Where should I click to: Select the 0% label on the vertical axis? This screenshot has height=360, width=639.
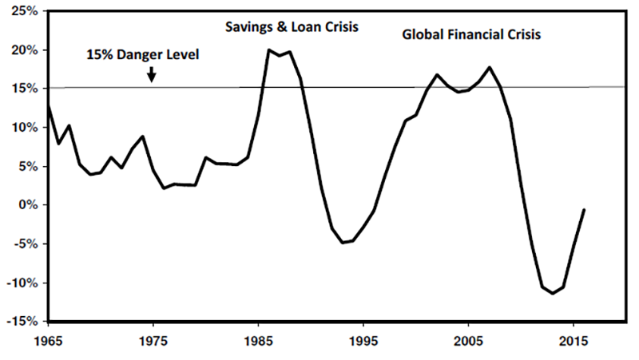coord(27,205)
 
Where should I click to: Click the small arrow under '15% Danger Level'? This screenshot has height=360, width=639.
coord(152,75)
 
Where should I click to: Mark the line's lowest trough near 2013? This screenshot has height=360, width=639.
coord(552,294)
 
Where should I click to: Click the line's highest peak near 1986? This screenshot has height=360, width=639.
coord(269,50)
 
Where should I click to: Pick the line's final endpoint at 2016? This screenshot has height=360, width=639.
coord(584,210)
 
